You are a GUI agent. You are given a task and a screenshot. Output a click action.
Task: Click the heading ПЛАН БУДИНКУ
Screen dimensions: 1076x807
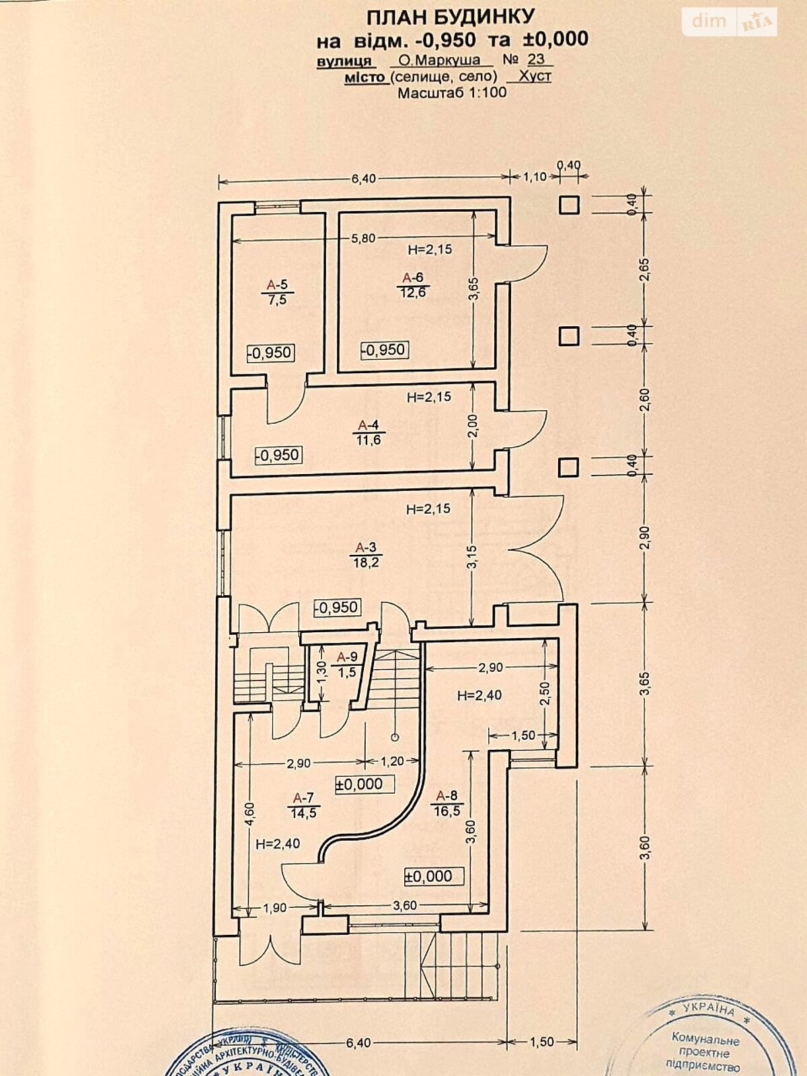[x=451, y=16]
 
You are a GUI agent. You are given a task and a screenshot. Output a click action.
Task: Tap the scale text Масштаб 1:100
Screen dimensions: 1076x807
[x=452, y=93]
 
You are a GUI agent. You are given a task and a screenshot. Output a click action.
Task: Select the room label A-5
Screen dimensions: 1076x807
[x=276, y=284]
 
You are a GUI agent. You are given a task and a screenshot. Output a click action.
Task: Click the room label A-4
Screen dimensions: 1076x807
[x=367, y=425]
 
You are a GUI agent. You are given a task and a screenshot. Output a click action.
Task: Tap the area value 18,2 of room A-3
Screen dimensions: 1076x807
[x=367, y=562]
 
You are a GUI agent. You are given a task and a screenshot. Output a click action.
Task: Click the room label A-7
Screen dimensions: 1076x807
[x=303, y=798]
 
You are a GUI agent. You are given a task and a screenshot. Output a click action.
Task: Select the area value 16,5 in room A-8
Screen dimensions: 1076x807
[x=447, y=811]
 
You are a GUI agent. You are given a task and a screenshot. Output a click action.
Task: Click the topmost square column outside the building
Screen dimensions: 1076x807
[x=570, y=204]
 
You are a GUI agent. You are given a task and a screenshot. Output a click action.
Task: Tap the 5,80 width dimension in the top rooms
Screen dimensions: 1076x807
[x=363, y=238]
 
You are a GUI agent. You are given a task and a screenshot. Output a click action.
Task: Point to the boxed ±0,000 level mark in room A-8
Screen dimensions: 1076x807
[x=428, y=876]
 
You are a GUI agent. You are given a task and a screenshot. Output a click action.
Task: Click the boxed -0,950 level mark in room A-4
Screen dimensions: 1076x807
[x=278, y=455]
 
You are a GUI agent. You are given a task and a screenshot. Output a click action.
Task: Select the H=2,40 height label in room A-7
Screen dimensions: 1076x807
[x=278, y=843]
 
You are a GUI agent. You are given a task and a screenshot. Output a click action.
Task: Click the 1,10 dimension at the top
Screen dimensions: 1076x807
[x=534, y=178]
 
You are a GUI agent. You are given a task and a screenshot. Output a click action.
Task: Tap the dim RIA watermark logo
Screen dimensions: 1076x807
[x=730, y=22]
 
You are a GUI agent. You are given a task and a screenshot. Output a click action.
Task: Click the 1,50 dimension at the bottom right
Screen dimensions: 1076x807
[x=541, y=1042]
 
